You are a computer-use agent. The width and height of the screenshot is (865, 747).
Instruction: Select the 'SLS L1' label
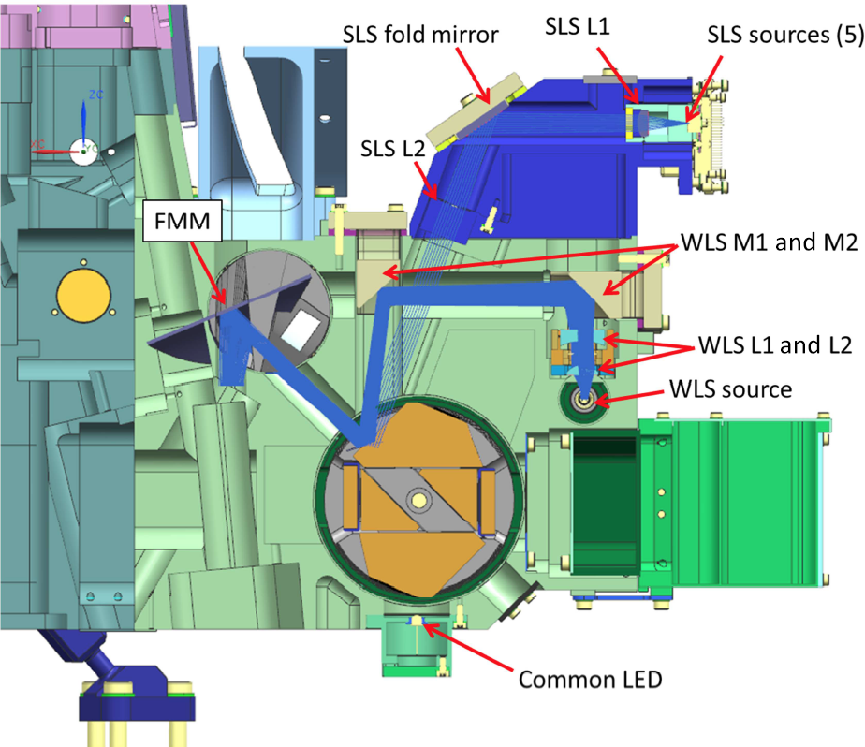tap(578, 29)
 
